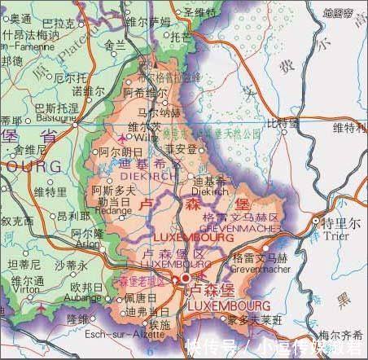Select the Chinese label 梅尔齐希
tap(340, 335)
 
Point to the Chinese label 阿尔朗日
tap(120, 153)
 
